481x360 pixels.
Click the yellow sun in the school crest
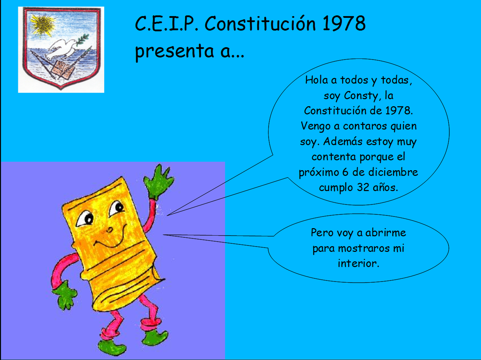tap(42, 24)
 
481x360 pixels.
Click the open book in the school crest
tap(63, 69)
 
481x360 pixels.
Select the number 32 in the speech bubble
tap(363, 187)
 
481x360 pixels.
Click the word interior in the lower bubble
tap(358, 264)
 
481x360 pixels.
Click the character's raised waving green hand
tap(158, 182)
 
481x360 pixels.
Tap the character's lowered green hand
tap(65, 295)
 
